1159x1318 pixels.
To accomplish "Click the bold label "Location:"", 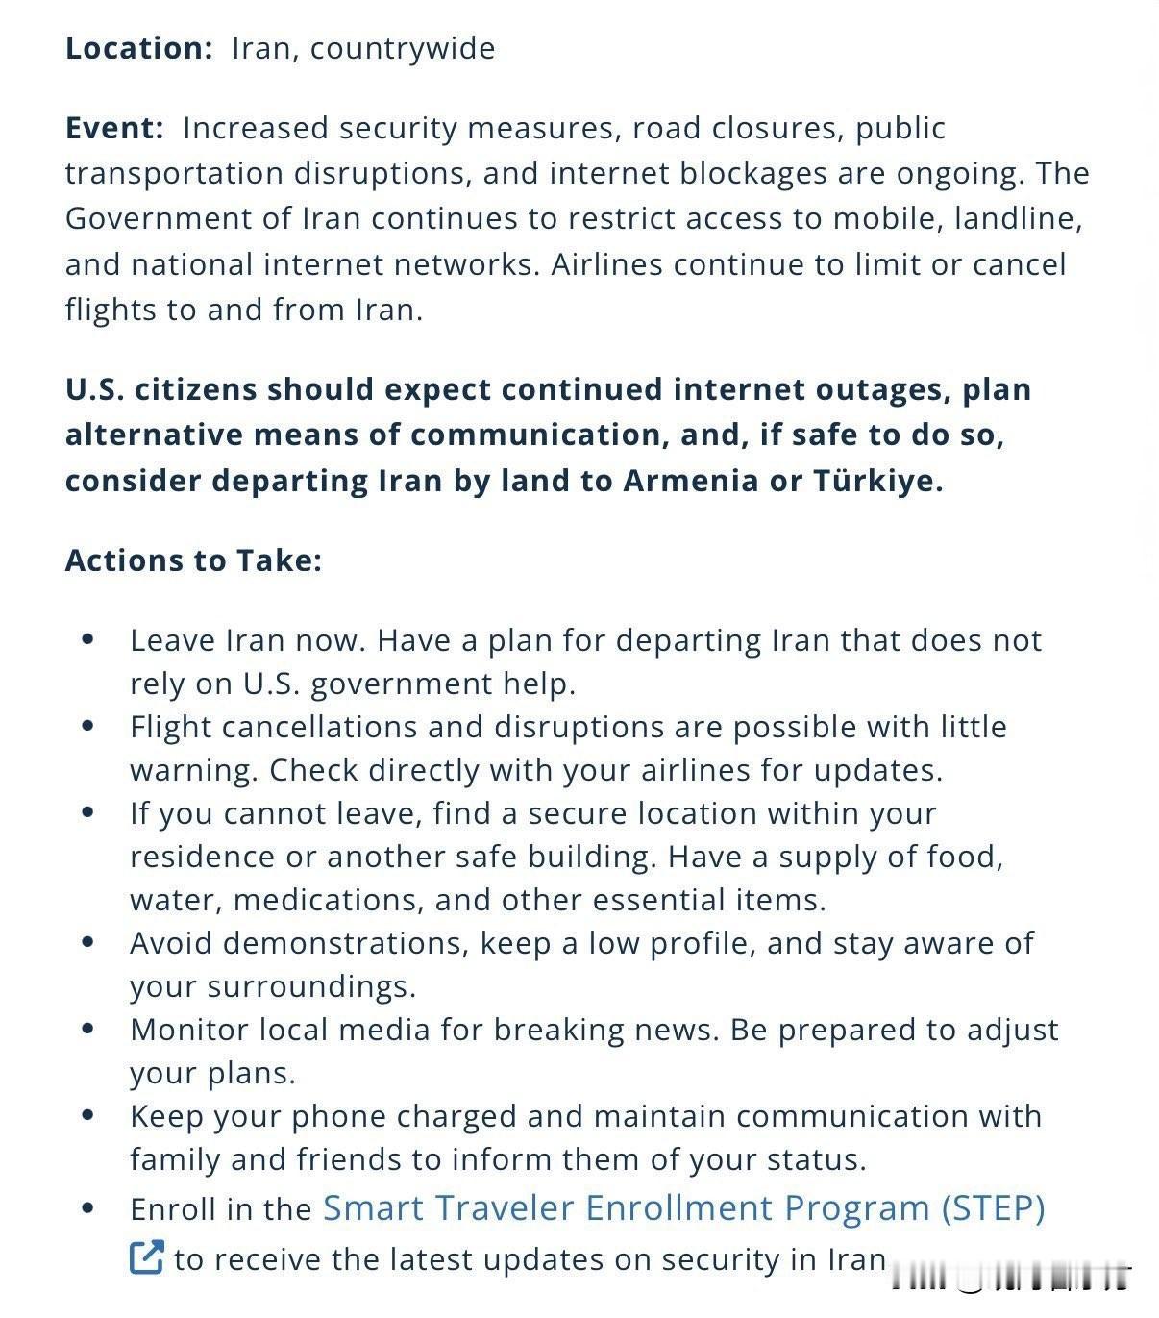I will [138, 48].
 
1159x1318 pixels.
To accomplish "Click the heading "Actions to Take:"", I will [193, 560].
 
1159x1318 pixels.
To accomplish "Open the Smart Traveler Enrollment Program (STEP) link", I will [683, 1208].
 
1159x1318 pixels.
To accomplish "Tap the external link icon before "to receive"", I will [146, 1257].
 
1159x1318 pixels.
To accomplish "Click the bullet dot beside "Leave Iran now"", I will [88, 639].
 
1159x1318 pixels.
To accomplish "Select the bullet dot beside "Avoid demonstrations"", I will [88, 942].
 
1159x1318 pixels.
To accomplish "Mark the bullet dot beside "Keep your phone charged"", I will [88, 1115].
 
